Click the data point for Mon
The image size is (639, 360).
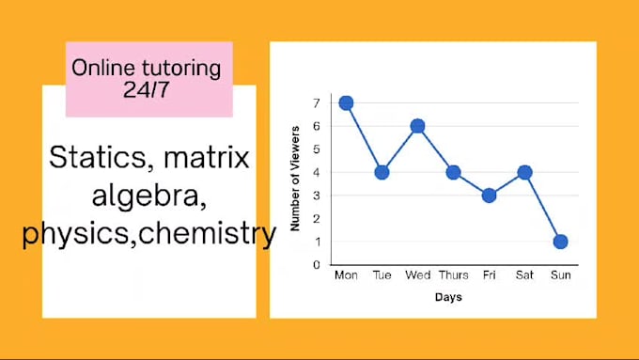346,102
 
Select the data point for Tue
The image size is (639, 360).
382,172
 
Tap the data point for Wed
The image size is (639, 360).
417,126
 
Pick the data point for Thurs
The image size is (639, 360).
453,172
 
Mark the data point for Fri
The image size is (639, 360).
489,196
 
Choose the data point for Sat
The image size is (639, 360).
524,172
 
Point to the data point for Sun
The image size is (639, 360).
560,242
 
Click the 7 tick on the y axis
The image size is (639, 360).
318,102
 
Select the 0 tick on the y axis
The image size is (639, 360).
318,265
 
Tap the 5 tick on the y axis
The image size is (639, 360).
318,149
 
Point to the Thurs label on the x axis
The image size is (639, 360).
453,276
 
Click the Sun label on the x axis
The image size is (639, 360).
560,276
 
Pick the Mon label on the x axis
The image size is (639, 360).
346,276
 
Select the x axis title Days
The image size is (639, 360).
448,297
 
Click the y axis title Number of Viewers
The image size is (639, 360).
295,178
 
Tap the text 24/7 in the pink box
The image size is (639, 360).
148,91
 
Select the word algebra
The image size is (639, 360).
148,196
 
